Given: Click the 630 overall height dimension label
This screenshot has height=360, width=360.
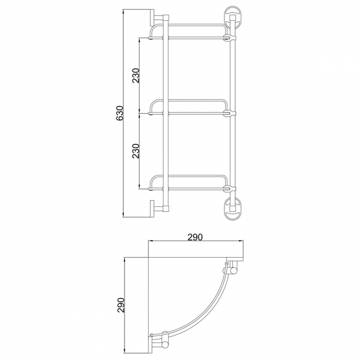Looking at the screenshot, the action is [x=120, y=113].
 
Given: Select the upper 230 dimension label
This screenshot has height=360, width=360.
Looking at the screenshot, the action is [x=135, y=75].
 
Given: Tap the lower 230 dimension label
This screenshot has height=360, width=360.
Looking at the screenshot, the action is [x=135, y=151].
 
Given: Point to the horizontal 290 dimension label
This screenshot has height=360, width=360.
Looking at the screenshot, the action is [x=195, y=237].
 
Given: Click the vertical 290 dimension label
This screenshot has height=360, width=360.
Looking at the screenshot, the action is [x=121, y=305].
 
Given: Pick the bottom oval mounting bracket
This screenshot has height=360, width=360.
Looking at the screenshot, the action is [x=233, y=209].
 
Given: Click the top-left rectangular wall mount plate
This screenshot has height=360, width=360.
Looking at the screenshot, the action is [x=152, y=18].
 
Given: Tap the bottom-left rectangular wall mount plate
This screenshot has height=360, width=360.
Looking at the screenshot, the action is [x=152, y=209].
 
